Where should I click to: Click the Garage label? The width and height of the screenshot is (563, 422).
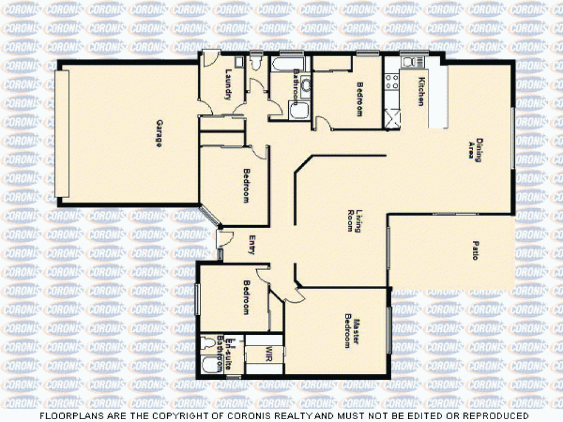(159, 133)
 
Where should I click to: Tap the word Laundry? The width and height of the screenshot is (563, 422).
(229, 84)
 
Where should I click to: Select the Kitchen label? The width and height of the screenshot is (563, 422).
(420, 91)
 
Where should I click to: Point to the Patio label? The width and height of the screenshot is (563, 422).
(475, 250)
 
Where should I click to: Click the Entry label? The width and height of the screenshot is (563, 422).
(252, 244)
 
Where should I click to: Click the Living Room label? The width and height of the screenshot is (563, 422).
(354, 221)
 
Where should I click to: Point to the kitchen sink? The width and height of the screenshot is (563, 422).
(408, 61)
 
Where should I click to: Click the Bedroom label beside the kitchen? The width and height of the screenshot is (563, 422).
(360, 99)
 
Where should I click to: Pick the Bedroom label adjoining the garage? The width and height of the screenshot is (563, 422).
(246, 185)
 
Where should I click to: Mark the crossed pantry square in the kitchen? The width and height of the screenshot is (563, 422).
(392, 119)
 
